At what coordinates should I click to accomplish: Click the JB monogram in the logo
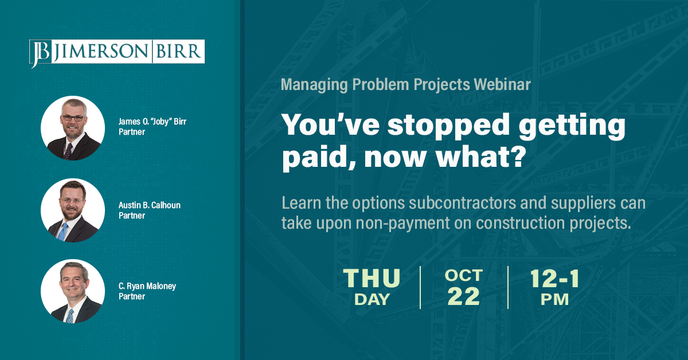pos(40,53)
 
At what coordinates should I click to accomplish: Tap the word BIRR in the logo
pos(178,51)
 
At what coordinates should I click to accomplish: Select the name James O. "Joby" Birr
pos(153,122)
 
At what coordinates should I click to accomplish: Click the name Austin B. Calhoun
pos(150,205)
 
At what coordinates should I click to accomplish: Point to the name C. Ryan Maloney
pos(147,286)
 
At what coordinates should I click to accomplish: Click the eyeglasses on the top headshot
pos(73,118)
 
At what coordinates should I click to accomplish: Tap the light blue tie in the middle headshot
pos(62,232)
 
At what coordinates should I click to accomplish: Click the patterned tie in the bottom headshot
pos(71,316)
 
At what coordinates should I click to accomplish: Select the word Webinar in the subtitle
pos(502,84)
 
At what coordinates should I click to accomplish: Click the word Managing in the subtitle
pos(314,85)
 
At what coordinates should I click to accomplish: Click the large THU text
pos(372,278)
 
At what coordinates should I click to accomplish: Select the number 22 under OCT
pos(463,296)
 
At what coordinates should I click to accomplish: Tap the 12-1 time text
pos(555,279)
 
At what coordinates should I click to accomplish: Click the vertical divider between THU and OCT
pos(420,288)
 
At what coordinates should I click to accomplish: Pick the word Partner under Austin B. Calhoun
pos(132,216)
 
